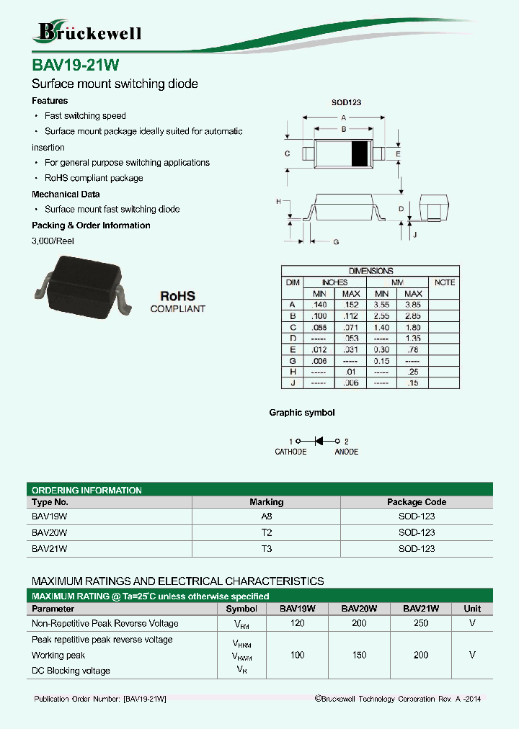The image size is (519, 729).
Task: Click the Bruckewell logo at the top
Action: (87, 32)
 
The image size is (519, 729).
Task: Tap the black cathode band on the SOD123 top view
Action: (358, 153)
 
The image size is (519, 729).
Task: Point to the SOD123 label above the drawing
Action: (345, 103)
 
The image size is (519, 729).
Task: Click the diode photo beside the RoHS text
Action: (82, 288)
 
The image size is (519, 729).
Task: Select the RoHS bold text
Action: (177, 296)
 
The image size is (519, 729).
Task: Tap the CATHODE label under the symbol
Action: (290, 452)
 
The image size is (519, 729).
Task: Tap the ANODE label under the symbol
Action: (346, 452)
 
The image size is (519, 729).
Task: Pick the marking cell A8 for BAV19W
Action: (266, 516)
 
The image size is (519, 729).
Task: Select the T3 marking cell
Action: (266, 548)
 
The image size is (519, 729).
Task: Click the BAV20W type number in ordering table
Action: (50, 532)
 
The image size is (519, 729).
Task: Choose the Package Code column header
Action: (417, 502)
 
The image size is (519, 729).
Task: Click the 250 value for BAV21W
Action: (421, 623)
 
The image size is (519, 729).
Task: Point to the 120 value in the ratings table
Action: (297, 623)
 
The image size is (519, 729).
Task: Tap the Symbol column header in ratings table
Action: (241, 609)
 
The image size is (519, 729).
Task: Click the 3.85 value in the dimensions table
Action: (413, 305)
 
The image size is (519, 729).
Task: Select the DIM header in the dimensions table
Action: (293, 282)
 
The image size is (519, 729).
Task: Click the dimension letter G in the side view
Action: (335, 243)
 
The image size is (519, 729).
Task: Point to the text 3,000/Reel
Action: (53, 241)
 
